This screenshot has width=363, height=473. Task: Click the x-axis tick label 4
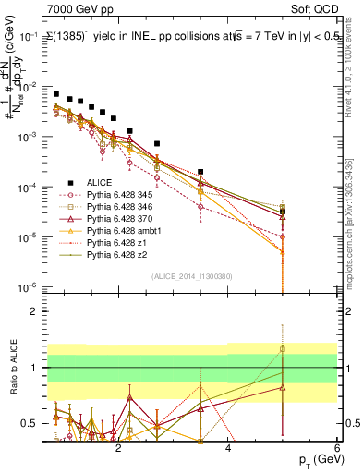click(228, 450)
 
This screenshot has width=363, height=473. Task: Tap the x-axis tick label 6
click(338, 450)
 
